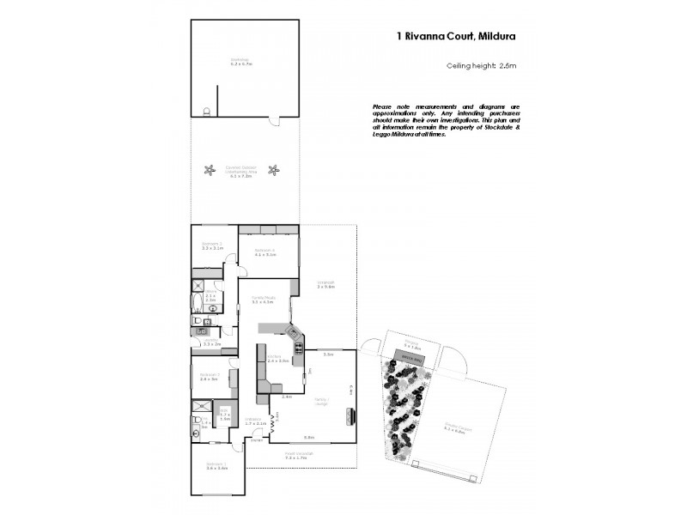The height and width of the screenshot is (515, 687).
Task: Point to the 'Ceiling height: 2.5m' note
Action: click(480, 66)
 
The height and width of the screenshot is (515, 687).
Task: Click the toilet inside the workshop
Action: click(205, 112)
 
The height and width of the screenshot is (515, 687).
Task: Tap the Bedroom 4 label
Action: click(264, 251)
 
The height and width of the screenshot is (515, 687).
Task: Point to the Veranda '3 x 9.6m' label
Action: click(325, 285)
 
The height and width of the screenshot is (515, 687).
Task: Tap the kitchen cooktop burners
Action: click(299, 347)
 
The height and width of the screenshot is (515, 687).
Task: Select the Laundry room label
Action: click(212, 342)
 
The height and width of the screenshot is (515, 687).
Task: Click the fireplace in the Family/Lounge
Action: click(351, 416)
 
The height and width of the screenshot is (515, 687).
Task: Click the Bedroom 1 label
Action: click(216, 466)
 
